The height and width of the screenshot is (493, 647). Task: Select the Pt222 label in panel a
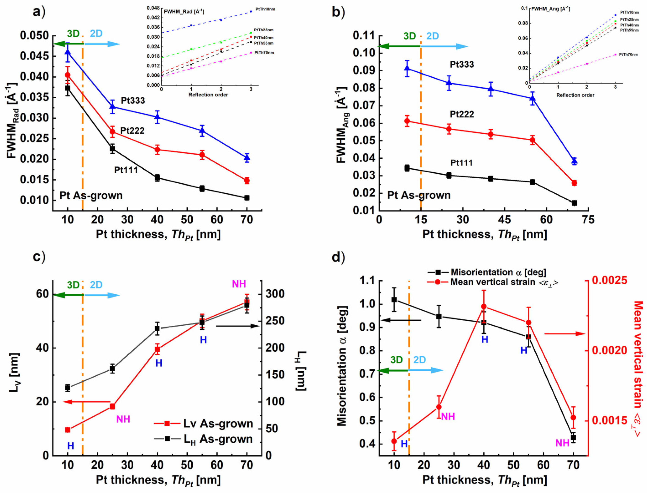click(x=132, y=130)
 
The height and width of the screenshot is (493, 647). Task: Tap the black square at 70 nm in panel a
click(x=247, y=198)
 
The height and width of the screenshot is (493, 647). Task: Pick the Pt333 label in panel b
click(x=462, y=64)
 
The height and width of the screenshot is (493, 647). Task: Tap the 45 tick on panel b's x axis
click(x=505, y=220)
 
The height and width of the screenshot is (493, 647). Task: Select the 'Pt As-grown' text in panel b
click(x=419, y=195)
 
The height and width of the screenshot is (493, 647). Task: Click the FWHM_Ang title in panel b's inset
click(x=551, y=9)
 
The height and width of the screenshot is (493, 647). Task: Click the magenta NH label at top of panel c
click(x=239, y=284)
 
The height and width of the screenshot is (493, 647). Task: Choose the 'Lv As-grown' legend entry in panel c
click(x=218, y=424)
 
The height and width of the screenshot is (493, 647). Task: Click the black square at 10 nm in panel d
click(x=394, y=300)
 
